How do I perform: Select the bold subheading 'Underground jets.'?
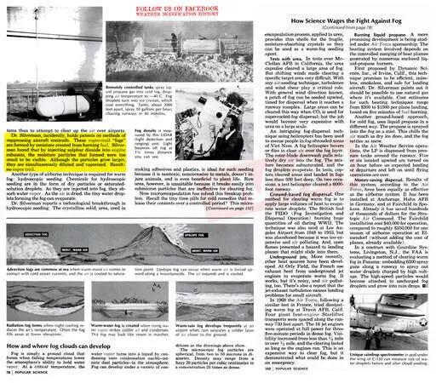[x=259, y=250]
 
